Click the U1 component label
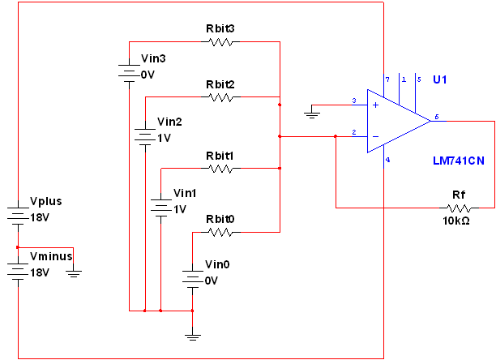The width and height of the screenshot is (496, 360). coord(440,79)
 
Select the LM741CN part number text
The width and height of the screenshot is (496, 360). coord(459,161)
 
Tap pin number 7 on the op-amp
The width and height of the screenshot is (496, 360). coord(388,79)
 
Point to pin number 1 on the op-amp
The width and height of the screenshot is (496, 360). coord(404,79)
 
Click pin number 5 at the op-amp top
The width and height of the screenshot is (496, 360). coord(419,79)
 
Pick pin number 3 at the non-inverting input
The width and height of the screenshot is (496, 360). coord(354,101)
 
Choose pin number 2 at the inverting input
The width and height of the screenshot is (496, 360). coord(354,132)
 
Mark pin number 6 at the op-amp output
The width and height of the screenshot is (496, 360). coord(437,118)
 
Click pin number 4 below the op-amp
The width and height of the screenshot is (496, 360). coord(388,160)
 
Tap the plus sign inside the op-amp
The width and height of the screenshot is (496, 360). coord(376,105)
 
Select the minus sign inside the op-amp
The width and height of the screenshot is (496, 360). coord(376,136)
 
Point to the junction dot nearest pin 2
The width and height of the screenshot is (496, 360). coord(336,136)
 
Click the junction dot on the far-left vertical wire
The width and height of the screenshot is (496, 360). coord(17,247)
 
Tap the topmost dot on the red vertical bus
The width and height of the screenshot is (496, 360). coord(280,105)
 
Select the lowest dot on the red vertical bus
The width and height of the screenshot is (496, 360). coord(280,168)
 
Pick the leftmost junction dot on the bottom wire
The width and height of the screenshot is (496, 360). coord(144,311)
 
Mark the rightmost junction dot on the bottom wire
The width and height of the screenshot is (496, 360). coord(192,311)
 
